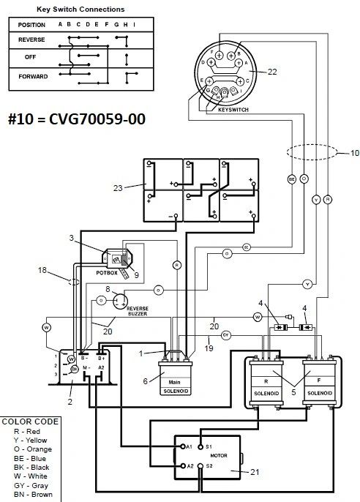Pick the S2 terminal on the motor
coord(208,465)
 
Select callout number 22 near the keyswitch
coord(272,71)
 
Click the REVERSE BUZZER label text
coord(138,313)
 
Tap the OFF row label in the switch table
coord(31,56)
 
